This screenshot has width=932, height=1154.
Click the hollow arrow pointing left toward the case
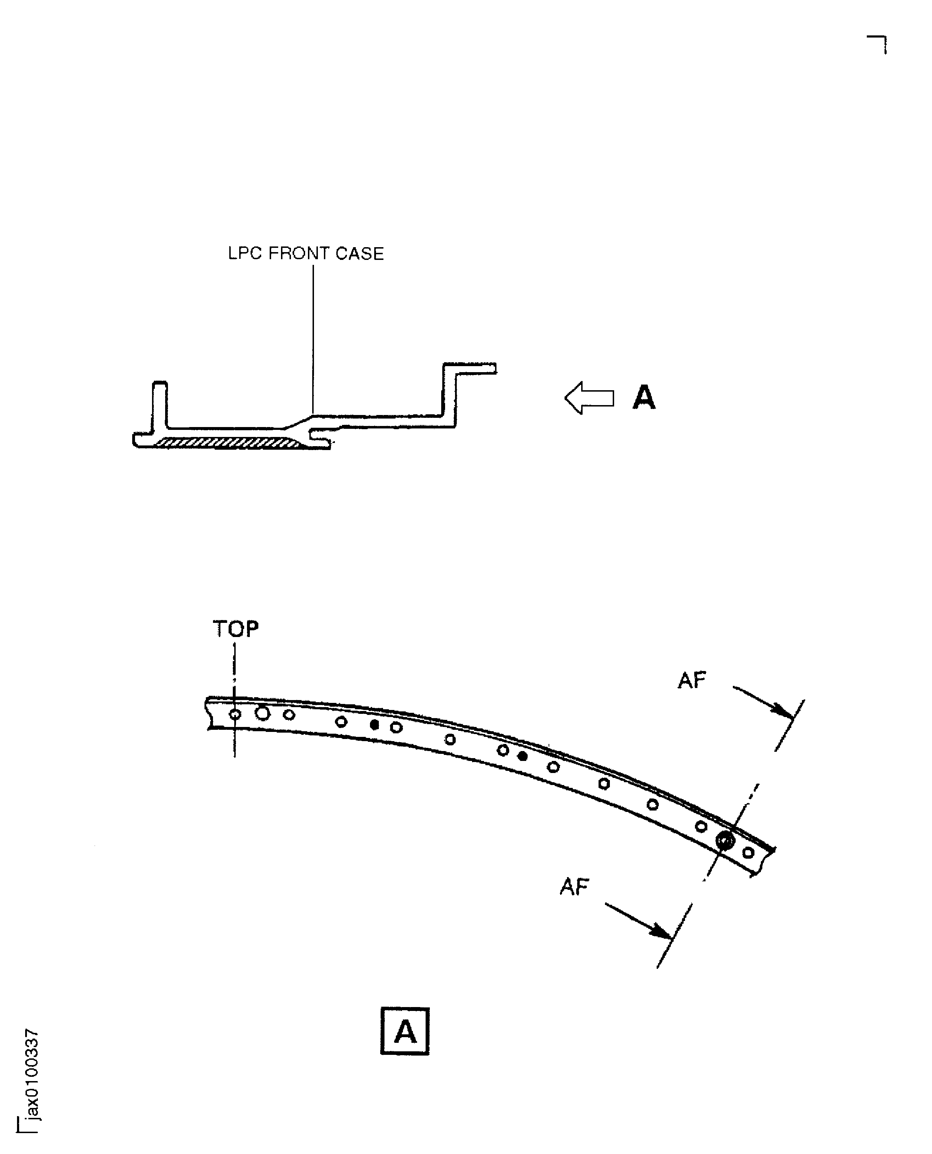[x=589, y=398]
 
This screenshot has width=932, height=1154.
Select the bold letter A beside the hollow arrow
[x=644, y=398]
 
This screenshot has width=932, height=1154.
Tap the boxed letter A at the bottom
[x=405, y=1031]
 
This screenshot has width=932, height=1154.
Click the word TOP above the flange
[x=236, y=628]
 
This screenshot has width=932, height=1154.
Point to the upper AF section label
[x=691, y=680]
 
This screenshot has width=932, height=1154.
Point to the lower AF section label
[x=574, y=887]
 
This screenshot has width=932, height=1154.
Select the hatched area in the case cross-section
[x=228, y=443]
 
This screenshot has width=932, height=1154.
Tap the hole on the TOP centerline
[x=235, y=714]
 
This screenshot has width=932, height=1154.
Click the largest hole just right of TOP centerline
[x=263, y=713]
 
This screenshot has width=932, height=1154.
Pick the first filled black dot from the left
[x=375, y=725]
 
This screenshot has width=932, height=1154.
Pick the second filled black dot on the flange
[x=522, y=756]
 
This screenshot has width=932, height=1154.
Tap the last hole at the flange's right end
[x=748, y=852]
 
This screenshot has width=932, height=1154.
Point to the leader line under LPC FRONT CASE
[x=313, y=338]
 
